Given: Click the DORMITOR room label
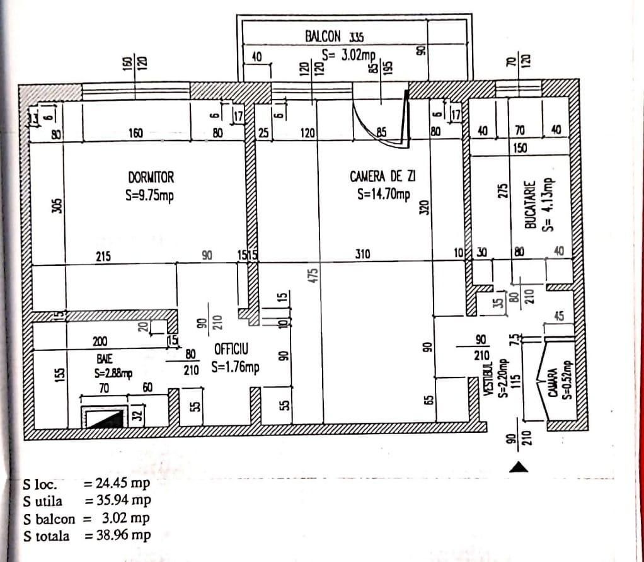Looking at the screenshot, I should [x=151, y=178].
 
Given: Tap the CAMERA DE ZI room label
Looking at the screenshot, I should [x=382, y=175].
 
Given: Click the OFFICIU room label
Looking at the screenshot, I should [x=231, y=348].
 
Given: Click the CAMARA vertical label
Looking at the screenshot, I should [x=553, y=382].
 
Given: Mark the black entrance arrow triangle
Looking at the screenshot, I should [x=518, y=467].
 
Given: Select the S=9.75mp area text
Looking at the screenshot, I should [x=149, y=196].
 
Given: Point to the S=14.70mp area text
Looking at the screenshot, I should [x=383, y=194].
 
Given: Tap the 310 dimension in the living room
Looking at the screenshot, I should [x=362, y=255].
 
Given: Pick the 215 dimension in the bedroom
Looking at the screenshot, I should [x=103, y=256].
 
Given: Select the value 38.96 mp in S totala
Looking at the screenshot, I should [x=124, y=536].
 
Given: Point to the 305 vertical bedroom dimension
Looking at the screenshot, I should [x=57, y=207].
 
